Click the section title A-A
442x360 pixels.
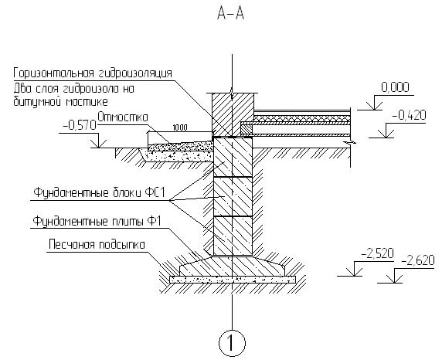click(230, 13)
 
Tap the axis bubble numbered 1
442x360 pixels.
click(232, 343)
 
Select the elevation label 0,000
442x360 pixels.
click(395, 87)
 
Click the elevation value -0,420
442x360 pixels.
click(409, 115)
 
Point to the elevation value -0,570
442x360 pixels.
click(80, 125)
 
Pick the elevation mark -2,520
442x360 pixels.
click(377, 253)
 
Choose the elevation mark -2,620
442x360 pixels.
click(418, 261)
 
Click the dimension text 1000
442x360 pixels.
click(180, 128)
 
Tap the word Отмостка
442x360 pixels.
click(123, 117)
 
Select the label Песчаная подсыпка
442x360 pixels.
click(97, 244)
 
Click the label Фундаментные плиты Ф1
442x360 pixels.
click(97, 221)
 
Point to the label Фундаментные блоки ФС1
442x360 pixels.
click(99, 193)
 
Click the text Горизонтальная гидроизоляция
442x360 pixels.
click(93, 73)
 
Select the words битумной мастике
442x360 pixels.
click(60, 101)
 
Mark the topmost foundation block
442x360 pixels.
click(233, 157)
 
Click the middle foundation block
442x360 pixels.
click(233, 196)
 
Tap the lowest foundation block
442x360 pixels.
click(233, 236)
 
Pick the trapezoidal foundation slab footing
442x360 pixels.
click(232, 266)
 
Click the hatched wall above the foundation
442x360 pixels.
click(233, 115)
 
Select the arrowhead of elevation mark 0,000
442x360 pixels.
click(374, 106)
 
